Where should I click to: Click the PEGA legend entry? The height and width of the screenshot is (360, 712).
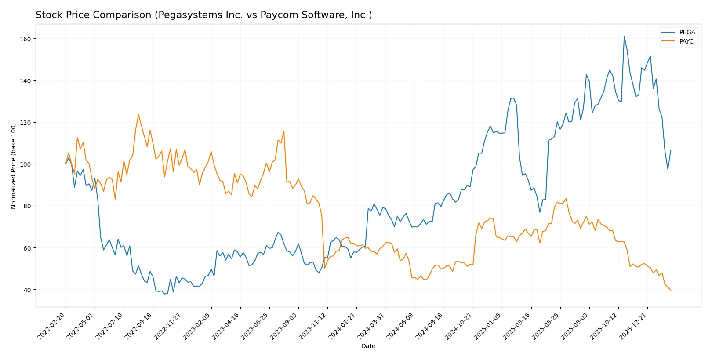coord(687,32)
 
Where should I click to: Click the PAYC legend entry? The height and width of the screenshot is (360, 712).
coord(686,41)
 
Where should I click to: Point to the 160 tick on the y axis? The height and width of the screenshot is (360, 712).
coord(25,39)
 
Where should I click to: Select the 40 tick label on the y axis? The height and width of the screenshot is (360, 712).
coord(27,290)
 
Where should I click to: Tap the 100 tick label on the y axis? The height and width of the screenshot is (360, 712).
coord(25,164)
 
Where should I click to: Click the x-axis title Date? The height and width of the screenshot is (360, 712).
coord(368,346)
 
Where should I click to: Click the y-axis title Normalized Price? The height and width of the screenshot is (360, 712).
coord(14,166)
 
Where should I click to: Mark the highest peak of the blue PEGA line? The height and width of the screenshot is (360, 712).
coord(624,36)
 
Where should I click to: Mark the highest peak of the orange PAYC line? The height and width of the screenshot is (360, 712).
coord(138,114)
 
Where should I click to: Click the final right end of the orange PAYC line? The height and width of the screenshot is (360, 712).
coord(671,291)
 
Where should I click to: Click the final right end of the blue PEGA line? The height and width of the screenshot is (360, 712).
coord(671,150)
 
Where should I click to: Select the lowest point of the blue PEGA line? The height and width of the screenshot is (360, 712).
coord(165,294)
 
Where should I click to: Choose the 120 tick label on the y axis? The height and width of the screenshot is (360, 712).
coord(25,123)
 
